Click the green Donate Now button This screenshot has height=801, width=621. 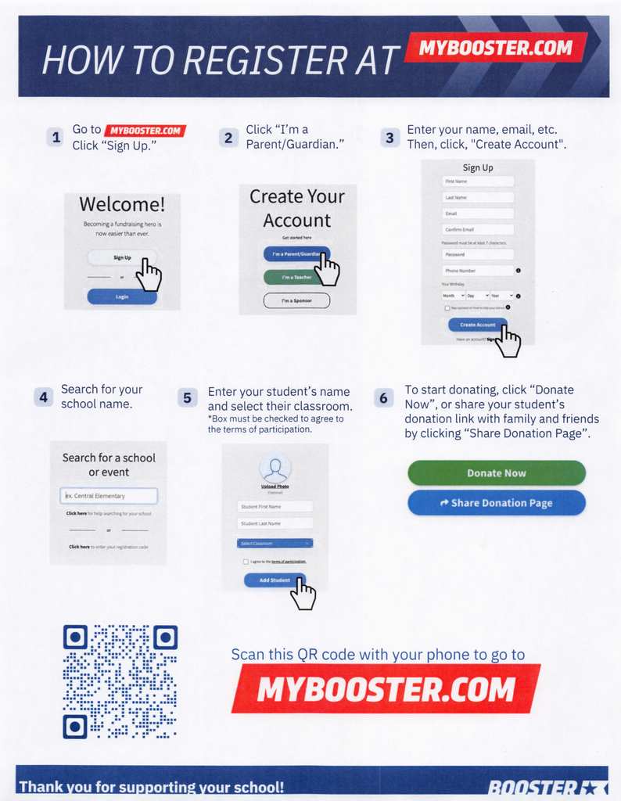point(496,473)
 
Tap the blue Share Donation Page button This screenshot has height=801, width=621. point(496,503)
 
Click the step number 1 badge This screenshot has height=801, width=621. point(55,138)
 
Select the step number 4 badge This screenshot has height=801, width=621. point(44,397)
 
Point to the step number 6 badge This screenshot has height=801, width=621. point(382,398)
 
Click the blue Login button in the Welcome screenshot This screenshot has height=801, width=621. point(122,297)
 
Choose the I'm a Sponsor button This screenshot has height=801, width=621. point(296,300)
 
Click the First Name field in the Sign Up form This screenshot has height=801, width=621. point(479,181)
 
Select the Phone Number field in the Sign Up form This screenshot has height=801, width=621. point(479,271)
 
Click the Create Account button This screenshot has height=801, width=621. point(477,325)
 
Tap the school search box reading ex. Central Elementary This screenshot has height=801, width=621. point(109,496)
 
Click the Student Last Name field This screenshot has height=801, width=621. point(275,523)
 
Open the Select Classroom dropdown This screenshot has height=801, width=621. point(275,543)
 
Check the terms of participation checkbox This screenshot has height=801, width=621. point(246,562)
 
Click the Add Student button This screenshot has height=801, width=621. point(274,580)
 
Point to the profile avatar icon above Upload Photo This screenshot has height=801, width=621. point(275,469)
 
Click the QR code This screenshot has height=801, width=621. point(120,681)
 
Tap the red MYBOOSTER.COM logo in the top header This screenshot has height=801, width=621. point(495,48)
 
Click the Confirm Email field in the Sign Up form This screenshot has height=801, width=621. point(479,229)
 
